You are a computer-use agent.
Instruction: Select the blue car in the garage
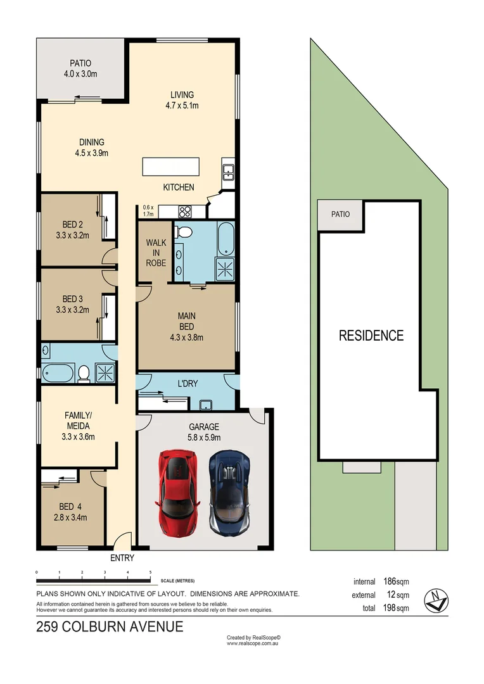click(x=230, y=491)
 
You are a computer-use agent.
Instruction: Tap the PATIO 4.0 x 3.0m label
click(x=80, y=68)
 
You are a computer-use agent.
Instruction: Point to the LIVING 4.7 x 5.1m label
click(x=181, y=100)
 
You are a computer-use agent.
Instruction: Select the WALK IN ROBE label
click(x=156, y=252)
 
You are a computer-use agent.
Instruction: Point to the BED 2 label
click(x=72, y=230)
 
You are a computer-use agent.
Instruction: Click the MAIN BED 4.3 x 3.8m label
click(x=186, y=326)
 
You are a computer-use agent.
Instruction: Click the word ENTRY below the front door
click(x=122, y=558)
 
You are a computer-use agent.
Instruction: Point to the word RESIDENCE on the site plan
click(x=371, y=336)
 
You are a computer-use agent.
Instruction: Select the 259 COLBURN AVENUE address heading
click(x=110, y=627)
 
